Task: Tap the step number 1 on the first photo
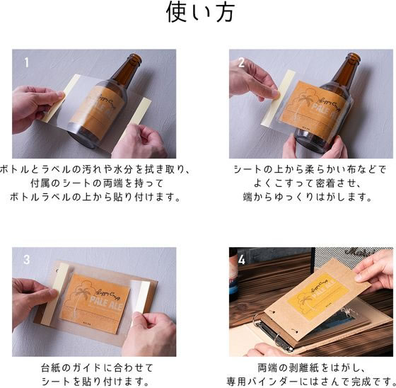(27, 62)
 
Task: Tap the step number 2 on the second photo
(241, 62)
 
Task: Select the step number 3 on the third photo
(26, 259)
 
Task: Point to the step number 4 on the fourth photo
(242, 260)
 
